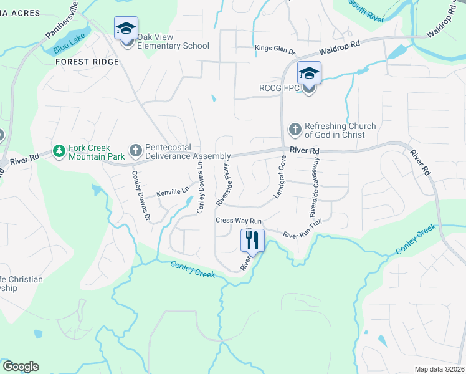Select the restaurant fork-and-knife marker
[x=252, y=239]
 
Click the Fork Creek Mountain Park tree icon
[x=59, y=151]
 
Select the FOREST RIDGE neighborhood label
[x=87, y=62]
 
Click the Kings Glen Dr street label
[x=275, y=49]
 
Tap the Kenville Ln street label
[x=173, y=193]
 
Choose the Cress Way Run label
[x=239, y=221]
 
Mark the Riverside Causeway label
[x=313, y=186]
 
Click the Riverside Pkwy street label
[x=224, y=185]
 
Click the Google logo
[x=21, y=367]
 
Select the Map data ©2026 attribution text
[x=439, y=369]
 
